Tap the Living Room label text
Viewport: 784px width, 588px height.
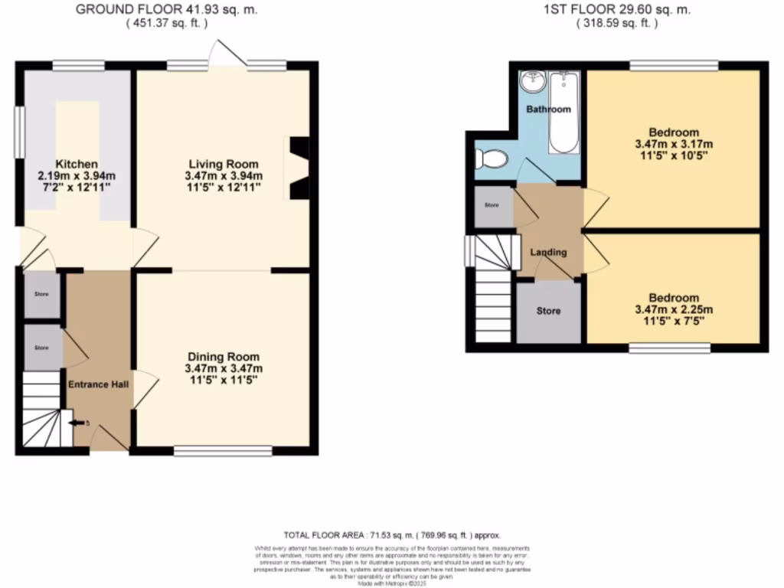[x=224, y=164]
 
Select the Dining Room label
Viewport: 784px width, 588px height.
[x=224, y=357]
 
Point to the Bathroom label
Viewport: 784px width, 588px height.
[x=548, y=109]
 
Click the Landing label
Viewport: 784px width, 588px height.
[x=549, y=252]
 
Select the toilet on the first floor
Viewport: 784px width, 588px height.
[x=490, y=159]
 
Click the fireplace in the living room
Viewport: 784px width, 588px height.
[x=298, y=168]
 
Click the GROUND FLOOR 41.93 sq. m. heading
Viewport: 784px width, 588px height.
[x=167, y=9]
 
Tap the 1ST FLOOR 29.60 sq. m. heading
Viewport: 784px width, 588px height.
[x=616, y=9]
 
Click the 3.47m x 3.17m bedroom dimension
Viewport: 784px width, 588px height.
[x=674, y=144]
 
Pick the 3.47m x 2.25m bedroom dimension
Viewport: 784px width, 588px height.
[x=674, y=310]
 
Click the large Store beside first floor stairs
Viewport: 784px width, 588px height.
[x=548, y=312]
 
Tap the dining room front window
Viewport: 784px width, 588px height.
[x=223, y=452]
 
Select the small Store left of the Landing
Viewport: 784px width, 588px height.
[x=490, y=206]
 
